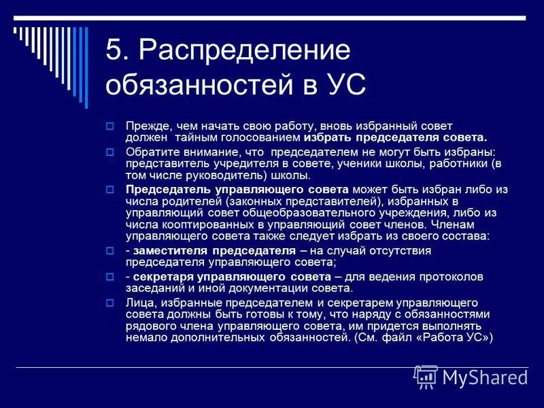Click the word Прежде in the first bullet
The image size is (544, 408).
click(x=147, y=126)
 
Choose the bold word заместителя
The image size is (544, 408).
click(x=167, y=251)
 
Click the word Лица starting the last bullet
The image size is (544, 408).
click(x=139, y=302)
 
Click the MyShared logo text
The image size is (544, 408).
click(x=485, y=377)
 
